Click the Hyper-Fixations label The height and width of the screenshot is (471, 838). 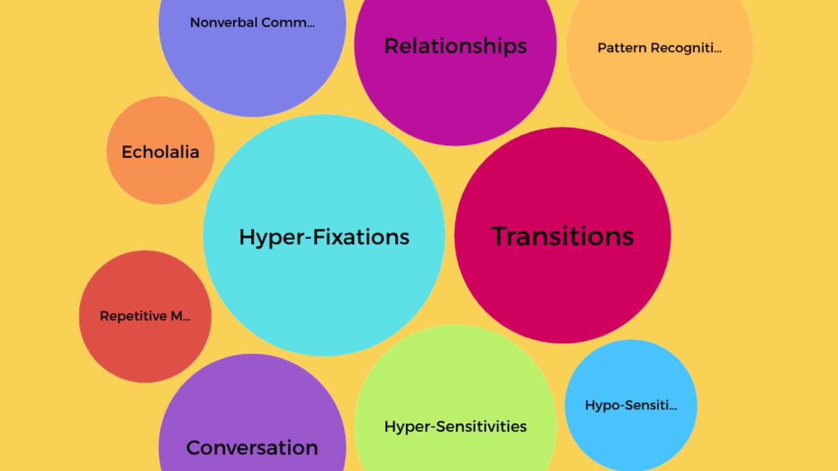[324, 237]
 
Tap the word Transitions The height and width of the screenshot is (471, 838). [562, 237]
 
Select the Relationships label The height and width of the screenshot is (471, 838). [455, 46]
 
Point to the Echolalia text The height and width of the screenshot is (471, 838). [160, 152]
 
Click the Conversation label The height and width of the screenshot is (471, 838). [252, 448]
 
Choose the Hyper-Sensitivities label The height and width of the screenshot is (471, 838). [455, 427]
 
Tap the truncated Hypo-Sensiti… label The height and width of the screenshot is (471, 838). [631, 406]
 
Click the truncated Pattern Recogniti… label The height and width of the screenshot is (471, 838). [659, 48]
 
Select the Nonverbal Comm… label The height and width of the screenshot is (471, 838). [252, 22]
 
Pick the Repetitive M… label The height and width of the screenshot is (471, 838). [145, 316]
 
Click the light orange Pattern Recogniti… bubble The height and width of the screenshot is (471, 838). [659, 95]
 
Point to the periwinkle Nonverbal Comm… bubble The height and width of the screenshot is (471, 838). [252, 68]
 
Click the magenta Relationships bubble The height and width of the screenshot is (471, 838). [455, 95]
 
